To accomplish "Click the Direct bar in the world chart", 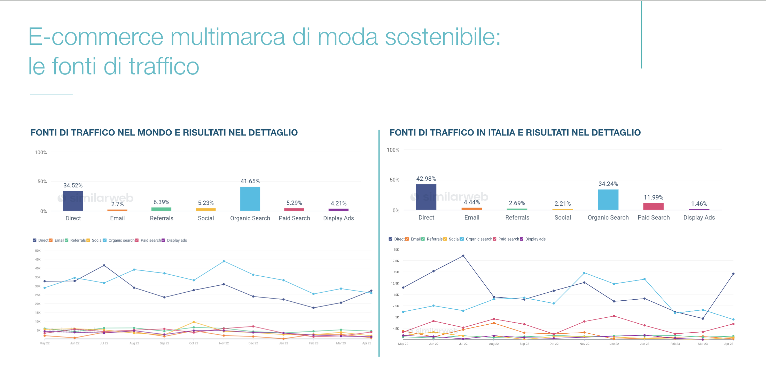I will click(x=73, y=201).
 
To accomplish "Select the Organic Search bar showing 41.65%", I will click(x=250, y=198).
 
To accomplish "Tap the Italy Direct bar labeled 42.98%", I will click(x=426, y=197).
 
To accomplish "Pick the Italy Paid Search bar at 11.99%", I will click(x=653, y=206).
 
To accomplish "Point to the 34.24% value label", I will click(x=608, y=184).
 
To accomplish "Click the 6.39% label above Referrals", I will click(x=161, y=202).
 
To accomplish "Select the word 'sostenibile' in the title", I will click(x=442, y=37).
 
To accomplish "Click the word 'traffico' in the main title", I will click(x=164, y=66).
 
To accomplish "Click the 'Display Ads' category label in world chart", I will click(x=338, y=218).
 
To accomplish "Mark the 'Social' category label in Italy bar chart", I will click(x=563, y=218).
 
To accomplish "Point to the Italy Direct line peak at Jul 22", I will click(x=463, y=256).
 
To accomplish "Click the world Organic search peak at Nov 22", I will click(x=224, y=261).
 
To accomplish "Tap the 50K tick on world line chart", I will click(x=38, y=251).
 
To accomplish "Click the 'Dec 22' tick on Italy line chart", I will click(x=614, y=344).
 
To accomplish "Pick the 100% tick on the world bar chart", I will click(x=41, y=152).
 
